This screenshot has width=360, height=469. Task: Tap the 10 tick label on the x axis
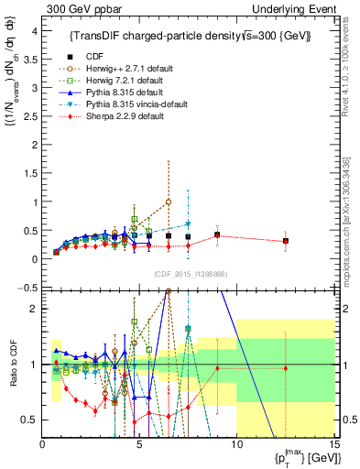coord(236,445)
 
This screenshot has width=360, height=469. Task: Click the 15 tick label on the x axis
coord(333,445)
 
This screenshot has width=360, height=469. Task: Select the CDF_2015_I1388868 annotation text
coord(189,274)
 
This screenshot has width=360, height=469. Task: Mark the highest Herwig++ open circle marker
coord(169,202)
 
